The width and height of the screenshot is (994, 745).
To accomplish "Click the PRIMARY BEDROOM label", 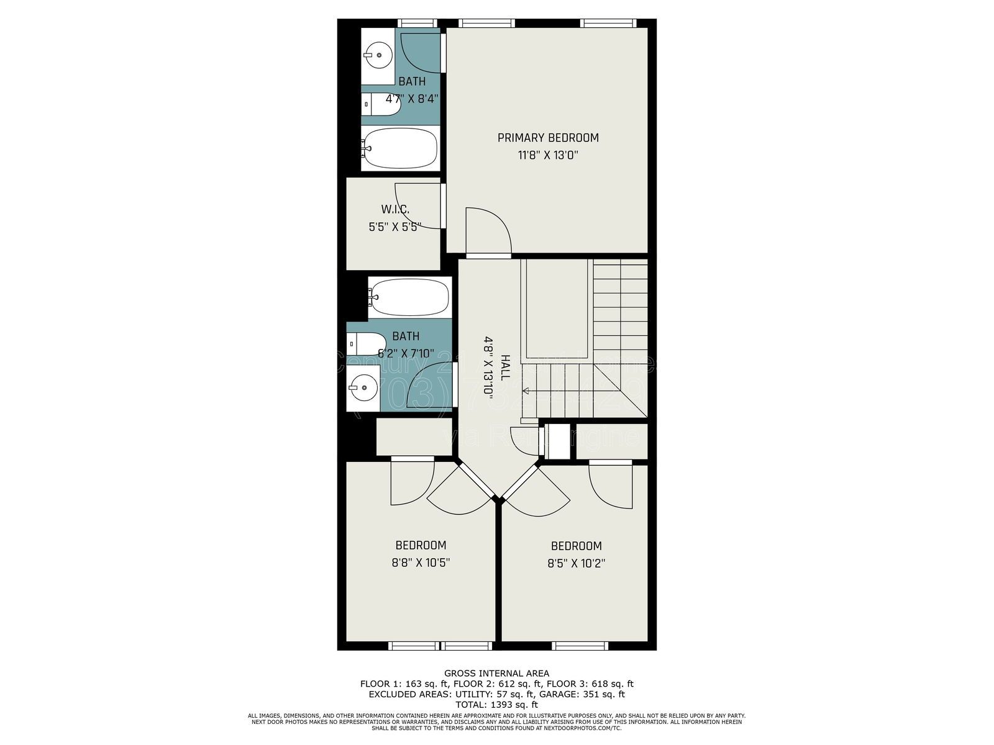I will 548,138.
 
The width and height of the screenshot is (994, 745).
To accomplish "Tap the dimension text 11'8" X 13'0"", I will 548,155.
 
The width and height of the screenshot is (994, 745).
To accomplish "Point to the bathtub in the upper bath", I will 400,148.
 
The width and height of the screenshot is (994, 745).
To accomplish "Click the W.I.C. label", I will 395,210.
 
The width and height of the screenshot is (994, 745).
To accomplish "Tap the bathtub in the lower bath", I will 409,297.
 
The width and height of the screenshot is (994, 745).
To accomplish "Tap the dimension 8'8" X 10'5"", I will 421,563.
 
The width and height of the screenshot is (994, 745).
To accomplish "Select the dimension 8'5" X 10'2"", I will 576,564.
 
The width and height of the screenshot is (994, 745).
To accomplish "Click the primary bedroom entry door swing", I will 488,230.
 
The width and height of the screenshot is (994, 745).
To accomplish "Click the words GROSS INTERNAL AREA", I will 496,673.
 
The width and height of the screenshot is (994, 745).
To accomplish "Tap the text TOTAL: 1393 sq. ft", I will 496,705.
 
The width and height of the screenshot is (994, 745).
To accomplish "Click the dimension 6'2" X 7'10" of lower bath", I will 405,353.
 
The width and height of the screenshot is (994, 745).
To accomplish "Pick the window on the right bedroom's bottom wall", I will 579,646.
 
